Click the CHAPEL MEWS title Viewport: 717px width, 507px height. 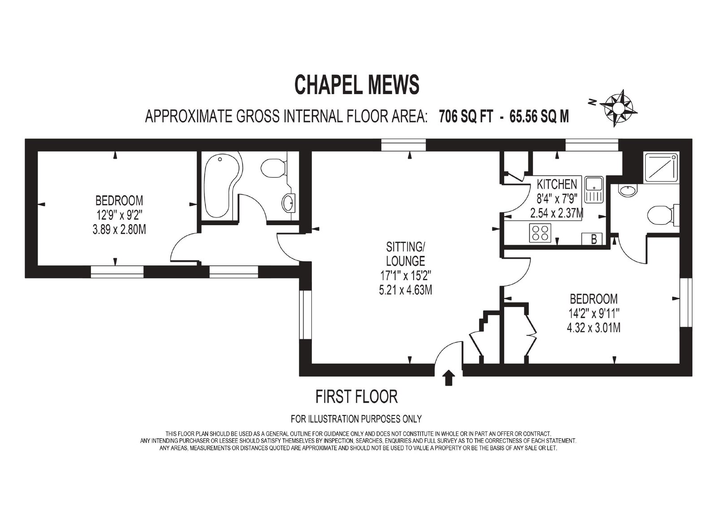pos(357,85)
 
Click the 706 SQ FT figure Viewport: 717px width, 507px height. pos(466,116)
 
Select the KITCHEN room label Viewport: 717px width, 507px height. pos(557,184)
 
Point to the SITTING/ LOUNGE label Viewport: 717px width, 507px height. pos(406,254)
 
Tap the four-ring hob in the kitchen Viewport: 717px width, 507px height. pos(540,233)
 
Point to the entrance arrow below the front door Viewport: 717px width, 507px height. pos(449,377)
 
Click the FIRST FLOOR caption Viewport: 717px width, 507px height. pos(357,397)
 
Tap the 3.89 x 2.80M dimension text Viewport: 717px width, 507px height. pos(119,230)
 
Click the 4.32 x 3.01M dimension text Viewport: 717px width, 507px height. pos(594,328)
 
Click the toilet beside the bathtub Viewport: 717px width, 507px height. pos(274,168)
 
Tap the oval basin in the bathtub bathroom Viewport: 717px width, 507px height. pos(289,203)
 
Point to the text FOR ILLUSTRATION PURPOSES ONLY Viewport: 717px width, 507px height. pos(356,419)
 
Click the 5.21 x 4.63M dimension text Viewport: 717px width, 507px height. pos(406,290)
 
